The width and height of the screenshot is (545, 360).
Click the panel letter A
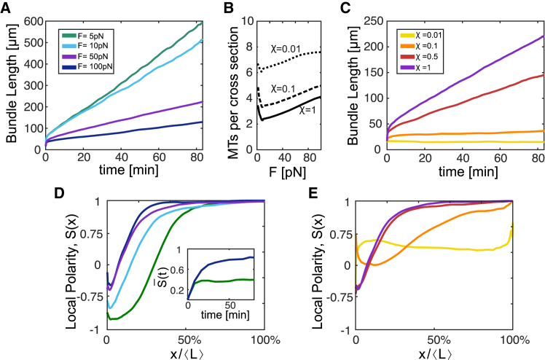[6, 7]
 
